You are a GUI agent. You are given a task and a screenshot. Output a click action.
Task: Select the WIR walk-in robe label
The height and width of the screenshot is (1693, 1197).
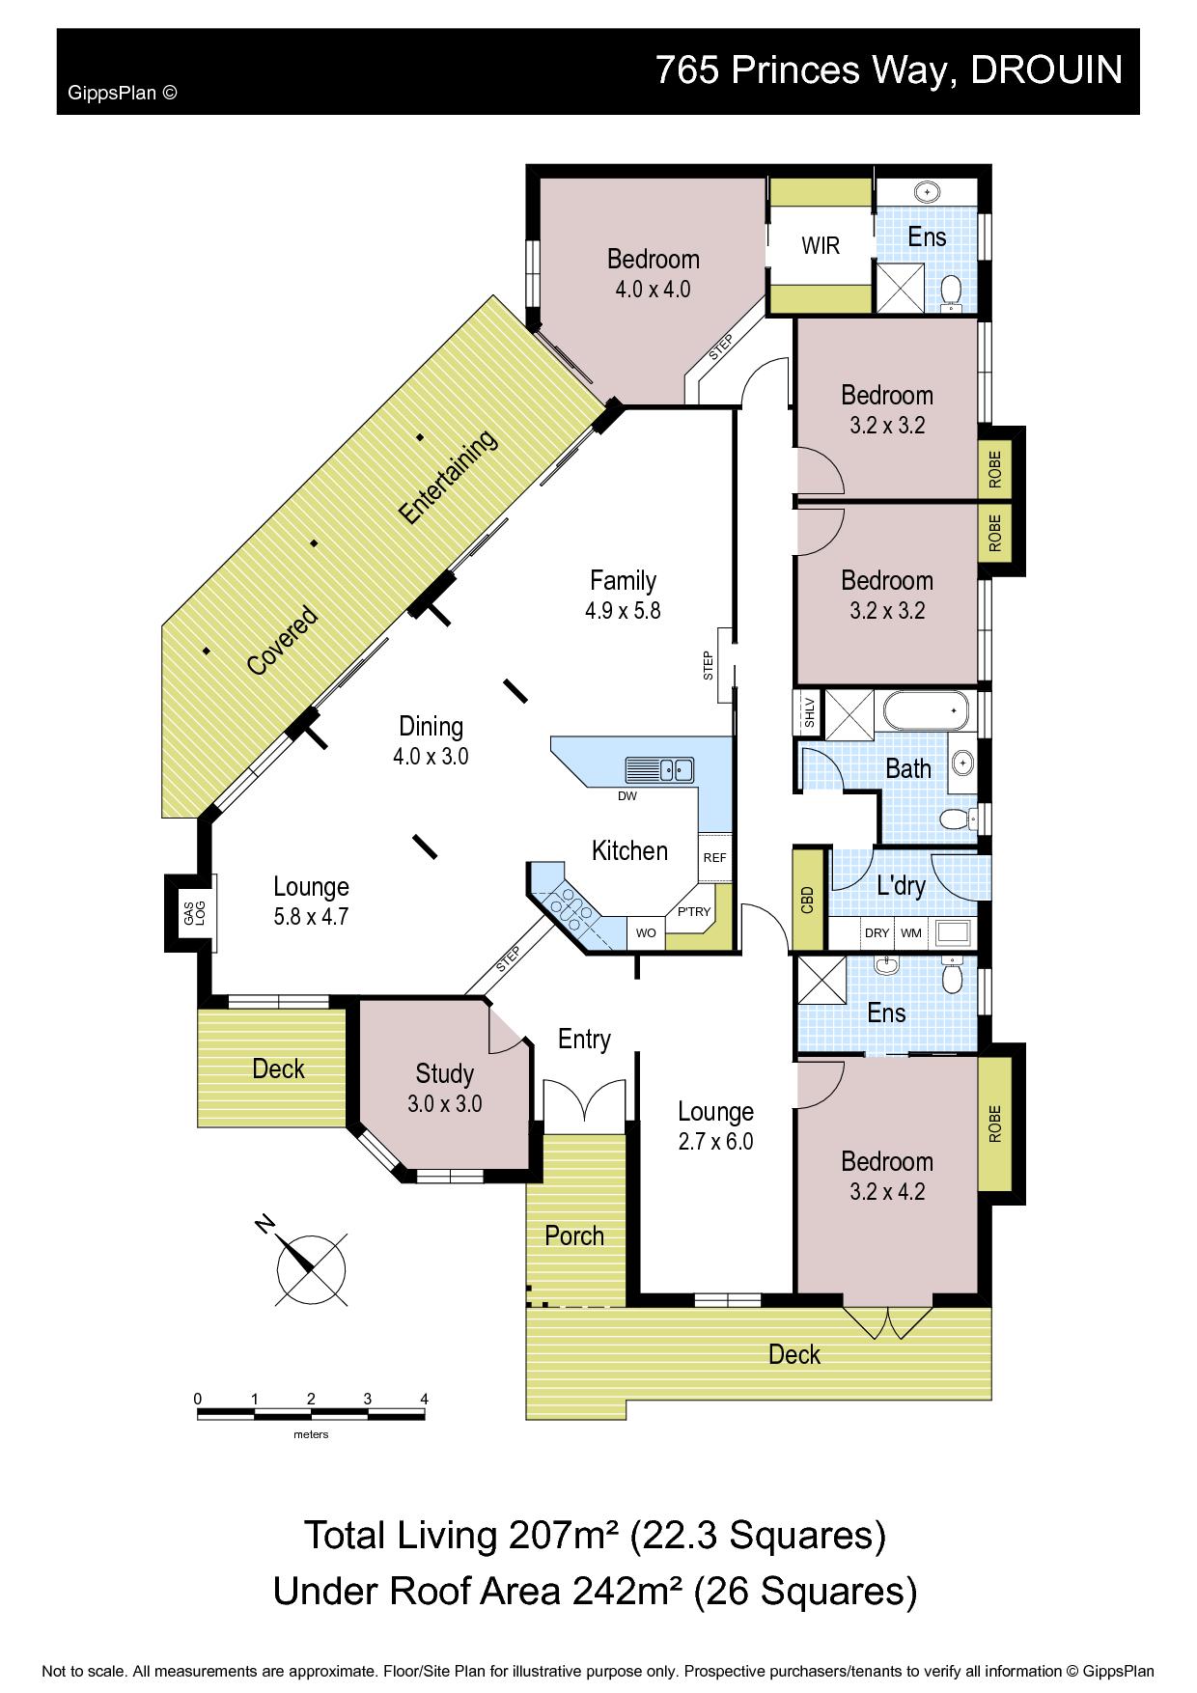pos(821,245)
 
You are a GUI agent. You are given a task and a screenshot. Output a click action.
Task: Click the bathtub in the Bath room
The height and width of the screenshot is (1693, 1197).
pos(926,712)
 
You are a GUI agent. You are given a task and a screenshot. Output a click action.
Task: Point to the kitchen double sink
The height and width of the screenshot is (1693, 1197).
pos(660,770)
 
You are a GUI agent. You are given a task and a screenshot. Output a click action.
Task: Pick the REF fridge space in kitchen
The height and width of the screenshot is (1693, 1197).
pos(714,857)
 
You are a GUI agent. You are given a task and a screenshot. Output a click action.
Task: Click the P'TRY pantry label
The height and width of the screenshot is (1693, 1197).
pos(693,912)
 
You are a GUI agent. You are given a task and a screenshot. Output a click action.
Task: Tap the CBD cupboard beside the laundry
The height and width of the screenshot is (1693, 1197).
pos(808,899)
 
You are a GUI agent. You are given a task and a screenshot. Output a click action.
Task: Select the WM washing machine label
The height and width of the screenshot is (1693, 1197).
pos(910,933)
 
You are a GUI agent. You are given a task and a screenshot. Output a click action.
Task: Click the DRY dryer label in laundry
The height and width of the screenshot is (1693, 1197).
pos(877,933)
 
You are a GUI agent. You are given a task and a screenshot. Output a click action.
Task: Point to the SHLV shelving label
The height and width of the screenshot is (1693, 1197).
pos(810,712)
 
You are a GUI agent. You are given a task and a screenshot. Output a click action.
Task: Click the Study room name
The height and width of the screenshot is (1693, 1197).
pos(444,1074)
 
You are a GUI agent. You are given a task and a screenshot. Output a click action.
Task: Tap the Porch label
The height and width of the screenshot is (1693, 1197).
pos(574,1235)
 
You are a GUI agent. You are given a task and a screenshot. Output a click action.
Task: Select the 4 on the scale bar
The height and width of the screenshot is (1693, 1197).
pos(424,1399)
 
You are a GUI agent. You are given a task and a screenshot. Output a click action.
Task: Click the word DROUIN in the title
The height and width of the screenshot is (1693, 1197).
pos(1046,69)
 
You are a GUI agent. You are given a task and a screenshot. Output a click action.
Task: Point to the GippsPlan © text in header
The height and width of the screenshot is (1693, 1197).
pos(123,94)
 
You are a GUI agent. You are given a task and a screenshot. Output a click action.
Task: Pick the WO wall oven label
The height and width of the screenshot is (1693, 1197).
pos(646,933)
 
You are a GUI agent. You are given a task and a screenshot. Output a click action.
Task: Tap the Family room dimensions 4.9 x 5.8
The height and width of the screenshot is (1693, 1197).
pos(623,610)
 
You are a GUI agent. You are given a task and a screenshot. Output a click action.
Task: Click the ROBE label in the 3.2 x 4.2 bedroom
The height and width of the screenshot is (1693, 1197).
pos(994,1124)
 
